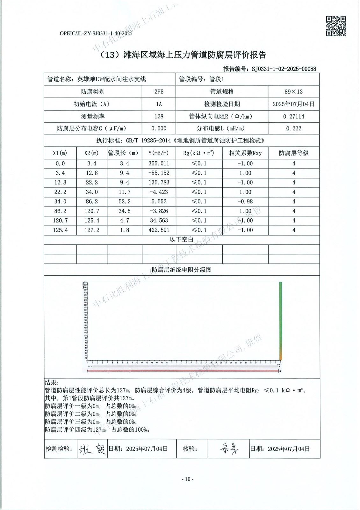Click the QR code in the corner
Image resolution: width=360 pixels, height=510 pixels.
coord(336,26)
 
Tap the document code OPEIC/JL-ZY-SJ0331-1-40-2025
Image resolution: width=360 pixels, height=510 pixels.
coord(96,33)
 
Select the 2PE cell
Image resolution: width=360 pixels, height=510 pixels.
coord(159,91)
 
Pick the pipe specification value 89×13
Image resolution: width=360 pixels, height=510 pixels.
coord(293,91)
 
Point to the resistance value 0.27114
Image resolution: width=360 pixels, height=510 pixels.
coord(293,116)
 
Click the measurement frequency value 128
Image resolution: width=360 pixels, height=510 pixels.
coord(159,116)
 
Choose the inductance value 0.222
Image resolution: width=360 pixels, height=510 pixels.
coord(293,128)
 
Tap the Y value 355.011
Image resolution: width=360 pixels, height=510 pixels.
coord(159,164)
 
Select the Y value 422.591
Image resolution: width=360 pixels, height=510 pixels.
coord(159,230)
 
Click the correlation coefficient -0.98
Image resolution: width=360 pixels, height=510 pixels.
coord(245,201)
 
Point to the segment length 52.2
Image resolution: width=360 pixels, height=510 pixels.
coord(124,201)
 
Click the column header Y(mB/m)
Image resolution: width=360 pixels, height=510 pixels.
coord(159,153)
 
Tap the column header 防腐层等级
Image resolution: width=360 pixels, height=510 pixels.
coord(293,153)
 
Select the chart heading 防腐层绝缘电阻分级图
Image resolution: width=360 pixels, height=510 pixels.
coord(182,270)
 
